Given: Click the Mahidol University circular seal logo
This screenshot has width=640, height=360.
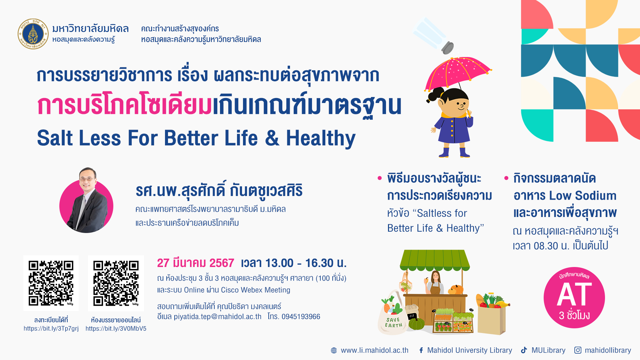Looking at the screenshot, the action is (x=33, y=34).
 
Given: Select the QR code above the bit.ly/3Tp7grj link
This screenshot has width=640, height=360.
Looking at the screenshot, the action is (x=51, y=283).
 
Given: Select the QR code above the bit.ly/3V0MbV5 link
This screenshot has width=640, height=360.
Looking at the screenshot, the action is (x=116, y=283).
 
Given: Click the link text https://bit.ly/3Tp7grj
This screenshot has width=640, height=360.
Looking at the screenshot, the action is (x=51, y=329).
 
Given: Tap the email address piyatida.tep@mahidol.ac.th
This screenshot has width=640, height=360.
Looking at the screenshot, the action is (x=218, y=317).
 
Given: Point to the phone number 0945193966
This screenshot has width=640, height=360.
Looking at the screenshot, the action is (x=301, y=317).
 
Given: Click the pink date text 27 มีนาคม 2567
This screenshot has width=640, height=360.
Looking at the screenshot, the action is (x=196, y=263).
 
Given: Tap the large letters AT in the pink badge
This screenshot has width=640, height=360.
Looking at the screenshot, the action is (x=574, y=295).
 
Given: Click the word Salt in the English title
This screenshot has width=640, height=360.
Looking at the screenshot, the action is (x=55, y=138).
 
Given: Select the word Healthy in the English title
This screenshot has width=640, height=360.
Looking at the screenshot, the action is (x=321, y=139).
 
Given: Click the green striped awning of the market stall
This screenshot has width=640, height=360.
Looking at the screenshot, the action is (x=435, y=260).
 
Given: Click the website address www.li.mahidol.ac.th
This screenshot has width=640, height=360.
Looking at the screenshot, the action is (x=374, y=350).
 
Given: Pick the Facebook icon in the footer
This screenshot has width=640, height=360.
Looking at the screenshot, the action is (x=421, y=350).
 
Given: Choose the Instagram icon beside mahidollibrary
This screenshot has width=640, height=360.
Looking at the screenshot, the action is (x=578, y=350).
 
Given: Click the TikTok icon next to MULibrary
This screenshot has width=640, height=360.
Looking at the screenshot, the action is (x=524, y=350).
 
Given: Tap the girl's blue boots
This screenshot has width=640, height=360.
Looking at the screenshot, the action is (x=454, y=152).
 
